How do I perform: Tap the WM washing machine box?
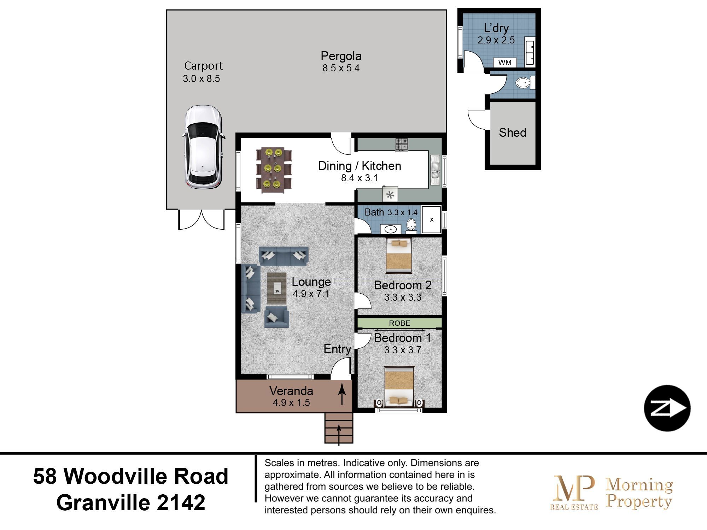pos(505,63)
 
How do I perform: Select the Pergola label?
pos(341,56)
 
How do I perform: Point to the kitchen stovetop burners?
pos(402,144)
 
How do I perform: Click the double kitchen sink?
pos(434,171)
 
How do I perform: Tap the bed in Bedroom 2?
pos(399,255)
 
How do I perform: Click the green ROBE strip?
pos(399,323)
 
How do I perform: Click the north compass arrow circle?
pos(667,408)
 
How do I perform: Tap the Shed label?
pos(512,132)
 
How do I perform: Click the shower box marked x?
pos(432,219)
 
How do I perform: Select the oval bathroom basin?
pos(391,229)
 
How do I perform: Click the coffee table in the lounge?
pos(277,288)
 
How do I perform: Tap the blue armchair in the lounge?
pos(277,317)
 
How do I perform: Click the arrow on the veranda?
pos(342,395)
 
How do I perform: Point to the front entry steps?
pos(339,428)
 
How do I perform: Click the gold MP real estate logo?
pos(574,492)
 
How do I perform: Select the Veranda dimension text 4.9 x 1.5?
pos(291,402)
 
